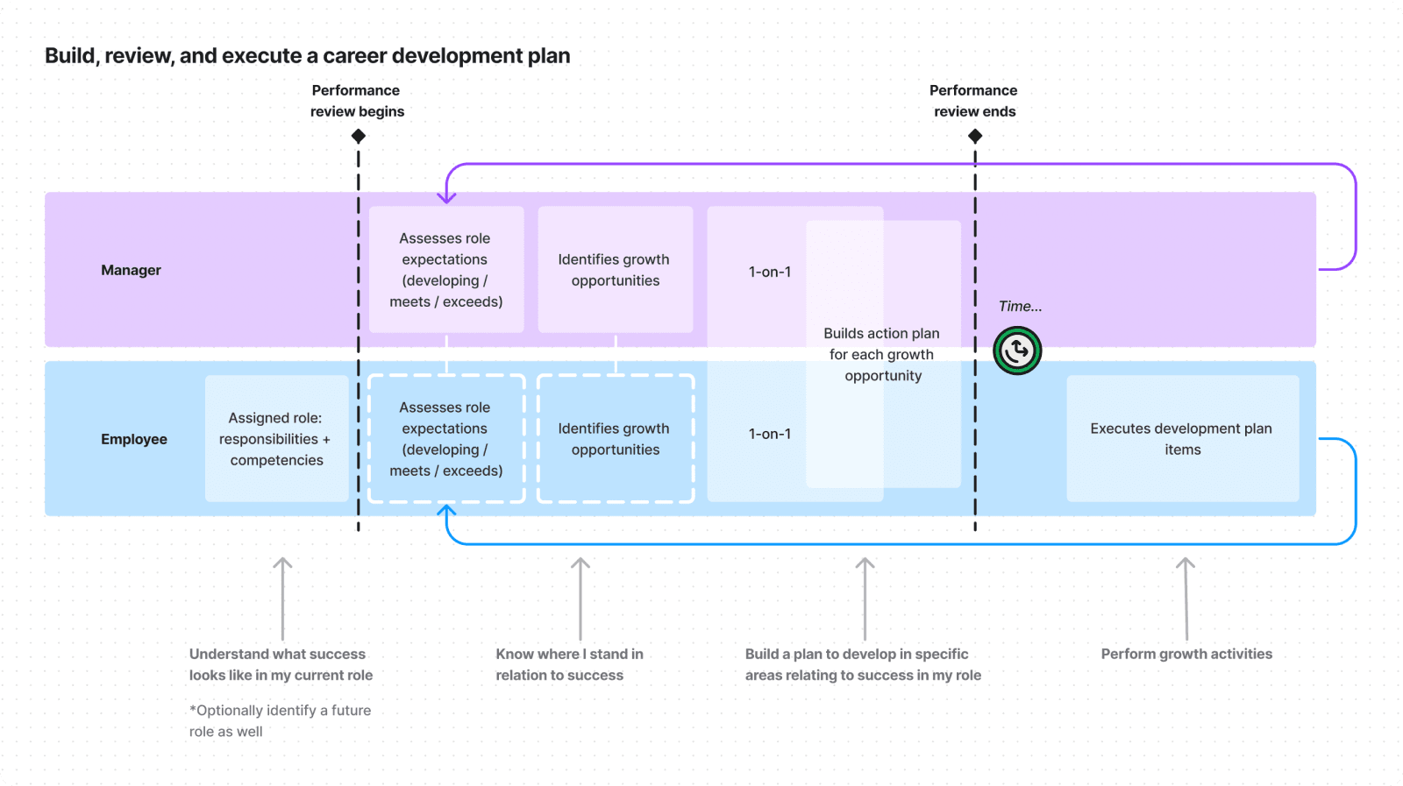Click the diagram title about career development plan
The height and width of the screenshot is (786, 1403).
308,56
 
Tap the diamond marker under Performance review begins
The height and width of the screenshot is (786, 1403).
358,136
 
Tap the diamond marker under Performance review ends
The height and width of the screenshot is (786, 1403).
975,136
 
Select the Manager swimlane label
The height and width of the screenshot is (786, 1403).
131,270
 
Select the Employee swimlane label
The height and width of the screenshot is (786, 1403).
133,439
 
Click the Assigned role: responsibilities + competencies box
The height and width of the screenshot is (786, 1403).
276,439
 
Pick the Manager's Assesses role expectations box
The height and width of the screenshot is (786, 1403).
446,270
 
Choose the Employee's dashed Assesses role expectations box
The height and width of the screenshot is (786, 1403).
446,439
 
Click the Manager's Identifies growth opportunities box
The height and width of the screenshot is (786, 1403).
615,270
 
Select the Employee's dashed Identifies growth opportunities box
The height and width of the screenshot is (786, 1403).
615,439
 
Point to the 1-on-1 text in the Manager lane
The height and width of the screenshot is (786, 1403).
770,272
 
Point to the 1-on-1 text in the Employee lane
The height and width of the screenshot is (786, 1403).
770,434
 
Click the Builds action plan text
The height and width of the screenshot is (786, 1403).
882,354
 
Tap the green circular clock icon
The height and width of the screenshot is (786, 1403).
1017,351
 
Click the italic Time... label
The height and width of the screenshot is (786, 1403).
1020,306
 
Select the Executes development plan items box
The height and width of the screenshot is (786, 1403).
1182,439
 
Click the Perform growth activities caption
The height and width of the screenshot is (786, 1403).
1186,654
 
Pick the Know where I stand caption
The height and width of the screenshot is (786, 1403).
569,664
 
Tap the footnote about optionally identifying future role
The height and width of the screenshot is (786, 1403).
280,720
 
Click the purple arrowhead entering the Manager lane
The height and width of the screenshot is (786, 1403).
446,198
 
